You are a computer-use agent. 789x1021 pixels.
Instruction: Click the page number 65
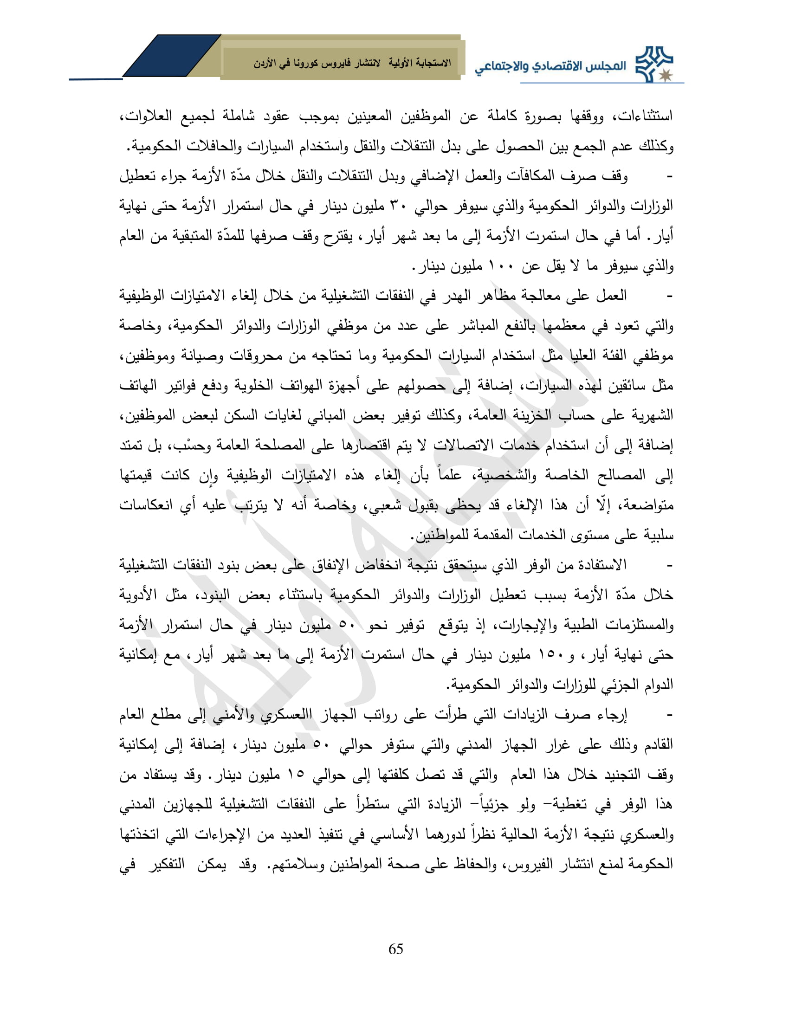(x=395, y=949)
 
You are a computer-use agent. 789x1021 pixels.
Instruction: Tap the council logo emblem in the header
(x=655, y=65)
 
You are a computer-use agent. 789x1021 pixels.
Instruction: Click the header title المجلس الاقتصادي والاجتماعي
(x=550, y=66)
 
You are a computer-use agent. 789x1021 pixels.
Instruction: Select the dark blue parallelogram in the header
(x=171, y=56)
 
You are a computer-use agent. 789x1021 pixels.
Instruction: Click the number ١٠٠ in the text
(x=497, y=266)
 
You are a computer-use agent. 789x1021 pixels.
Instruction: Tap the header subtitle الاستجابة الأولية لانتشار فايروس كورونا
(x=352, y=64)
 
